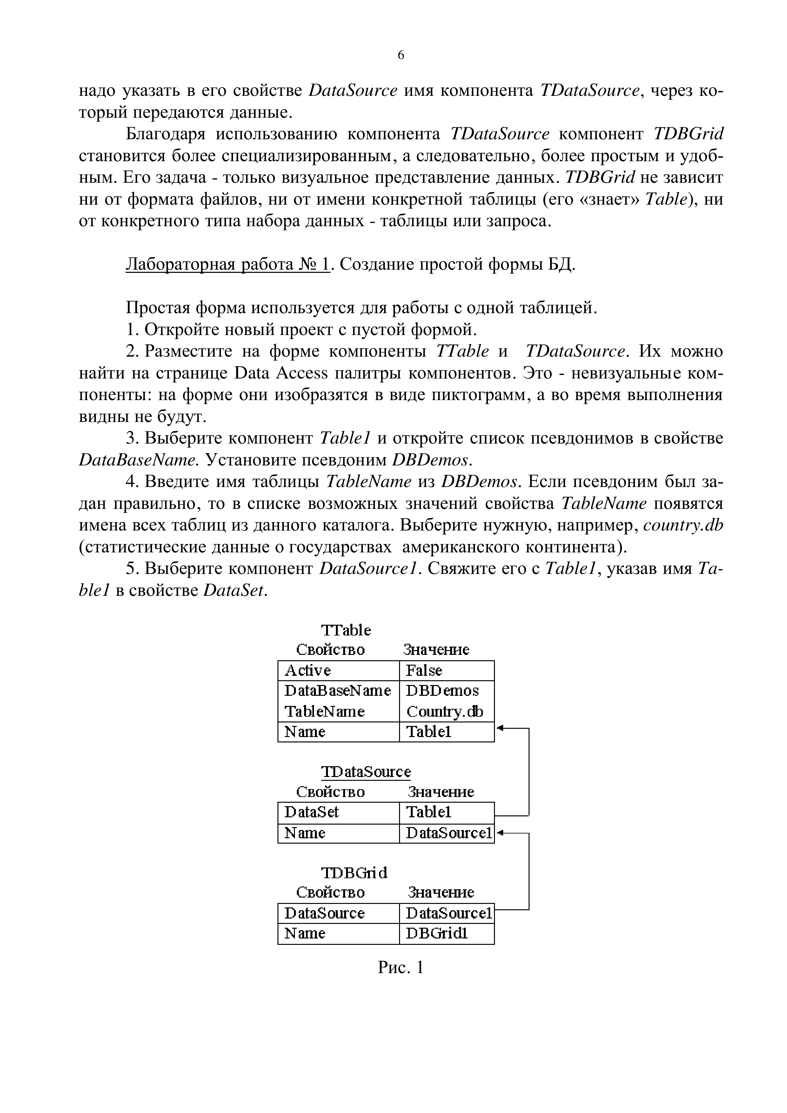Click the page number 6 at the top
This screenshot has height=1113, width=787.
coord(401,55)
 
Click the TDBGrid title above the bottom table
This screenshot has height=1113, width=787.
coord(355,873)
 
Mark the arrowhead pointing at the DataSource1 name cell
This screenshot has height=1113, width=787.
coord(500,833)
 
